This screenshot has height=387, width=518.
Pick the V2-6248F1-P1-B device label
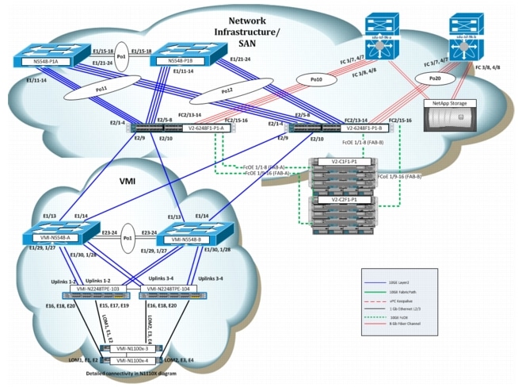point(362,128)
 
